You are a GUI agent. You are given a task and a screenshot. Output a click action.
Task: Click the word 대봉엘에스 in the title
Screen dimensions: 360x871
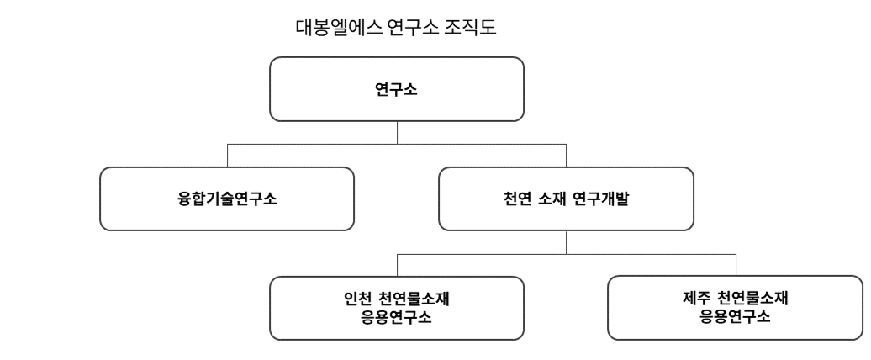(329, 28)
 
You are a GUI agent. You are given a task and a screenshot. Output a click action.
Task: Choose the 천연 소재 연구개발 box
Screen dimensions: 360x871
(566, 199)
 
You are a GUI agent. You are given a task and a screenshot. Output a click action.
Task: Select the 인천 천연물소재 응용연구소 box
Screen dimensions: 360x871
(397, 307)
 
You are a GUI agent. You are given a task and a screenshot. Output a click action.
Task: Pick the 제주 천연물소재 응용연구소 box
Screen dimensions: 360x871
(736, 307)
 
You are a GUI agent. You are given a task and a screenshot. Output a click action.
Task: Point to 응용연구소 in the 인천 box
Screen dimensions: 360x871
(397, 317)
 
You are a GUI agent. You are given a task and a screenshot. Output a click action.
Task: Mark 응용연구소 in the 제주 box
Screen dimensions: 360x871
(736, 317)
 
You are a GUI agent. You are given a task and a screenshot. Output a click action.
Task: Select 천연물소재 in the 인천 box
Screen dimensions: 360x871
(413, 299)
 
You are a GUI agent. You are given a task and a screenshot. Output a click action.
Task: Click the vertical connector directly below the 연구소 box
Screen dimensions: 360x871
(397, 132)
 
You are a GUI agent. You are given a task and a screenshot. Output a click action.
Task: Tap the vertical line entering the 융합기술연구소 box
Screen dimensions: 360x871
(227, 156)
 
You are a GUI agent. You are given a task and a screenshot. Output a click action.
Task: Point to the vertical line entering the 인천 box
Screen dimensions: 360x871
(397, 263)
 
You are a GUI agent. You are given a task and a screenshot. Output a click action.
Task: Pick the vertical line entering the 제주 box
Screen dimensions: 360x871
(736, 263)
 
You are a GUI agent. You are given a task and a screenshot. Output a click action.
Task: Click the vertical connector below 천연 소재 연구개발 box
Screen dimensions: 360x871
(566, 241)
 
